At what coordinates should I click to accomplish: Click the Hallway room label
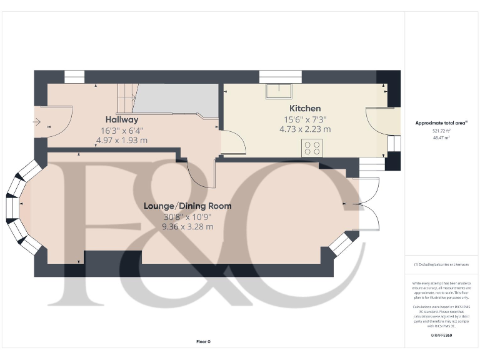(122, 119)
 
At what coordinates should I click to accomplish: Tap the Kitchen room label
(304, 108)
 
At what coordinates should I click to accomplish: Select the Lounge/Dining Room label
(187, 206)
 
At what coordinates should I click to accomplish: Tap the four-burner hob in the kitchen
(312, 147)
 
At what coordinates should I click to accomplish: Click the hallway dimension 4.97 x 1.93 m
(122, 141)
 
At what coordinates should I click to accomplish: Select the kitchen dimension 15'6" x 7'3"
(304, 119)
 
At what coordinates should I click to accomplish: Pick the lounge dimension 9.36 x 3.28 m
(187, 227)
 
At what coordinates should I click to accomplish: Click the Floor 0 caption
(204, 342)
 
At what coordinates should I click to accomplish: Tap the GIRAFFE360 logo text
(441, 336)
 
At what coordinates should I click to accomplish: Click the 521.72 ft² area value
(441, 131)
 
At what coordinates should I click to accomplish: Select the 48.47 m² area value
(441, 137)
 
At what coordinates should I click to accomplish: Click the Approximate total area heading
(441, 123)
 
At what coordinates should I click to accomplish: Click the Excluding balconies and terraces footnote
(441, 266)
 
